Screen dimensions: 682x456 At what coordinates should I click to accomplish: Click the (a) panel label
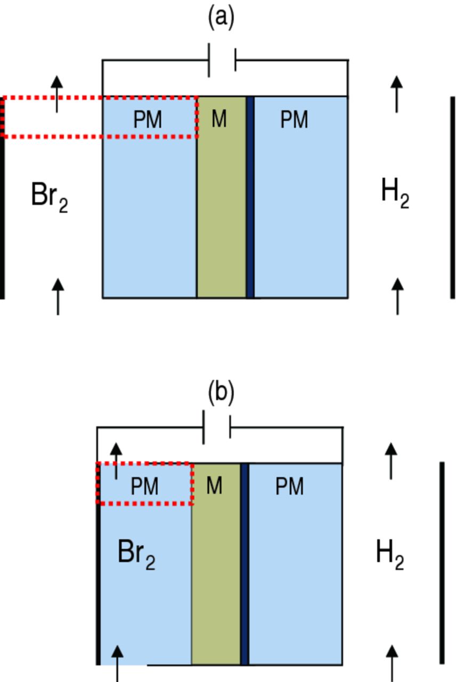pos(221,18)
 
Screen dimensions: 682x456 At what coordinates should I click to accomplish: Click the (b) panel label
pos(221,393)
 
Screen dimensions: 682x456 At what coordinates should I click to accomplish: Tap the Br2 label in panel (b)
pos(136,555)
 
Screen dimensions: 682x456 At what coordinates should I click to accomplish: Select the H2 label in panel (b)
pos(390,554)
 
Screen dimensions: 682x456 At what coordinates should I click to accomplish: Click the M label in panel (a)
pos(219,120)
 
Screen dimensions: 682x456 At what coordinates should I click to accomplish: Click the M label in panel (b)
pos(214,486)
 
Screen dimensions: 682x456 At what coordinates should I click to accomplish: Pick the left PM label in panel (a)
pos(147,120)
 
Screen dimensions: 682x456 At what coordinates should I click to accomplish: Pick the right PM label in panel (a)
pos(294,120)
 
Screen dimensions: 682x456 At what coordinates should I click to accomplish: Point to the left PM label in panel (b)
pos(144,486)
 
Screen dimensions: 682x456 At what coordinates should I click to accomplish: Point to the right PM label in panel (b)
pos(289,486)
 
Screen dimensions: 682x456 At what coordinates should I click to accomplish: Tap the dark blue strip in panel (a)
pos(250,197)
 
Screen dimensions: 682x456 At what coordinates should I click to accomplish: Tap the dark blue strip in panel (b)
pos(245,564)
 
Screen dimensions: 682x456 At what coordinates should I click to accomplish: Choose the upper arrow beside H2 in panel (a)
pos(396,93)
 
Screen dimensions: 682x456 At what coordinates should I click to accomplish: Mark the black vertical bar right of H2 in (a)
pos(452,197)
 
